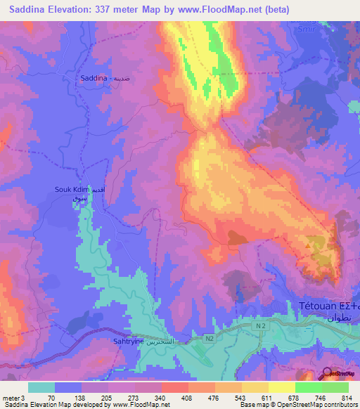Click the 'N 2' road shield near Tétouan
(x=262, y=327)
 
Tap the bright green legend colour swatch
(x=308, y=387)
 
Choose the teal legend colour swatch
(x=41, y=387)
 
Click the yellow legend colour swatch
(x=255, y=387)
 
